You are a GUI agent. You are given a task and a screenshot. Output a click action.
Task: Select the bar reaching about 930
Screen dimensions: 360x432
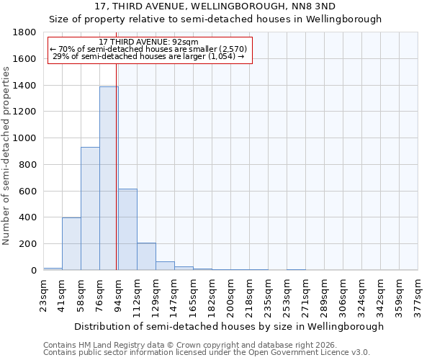point(90,209)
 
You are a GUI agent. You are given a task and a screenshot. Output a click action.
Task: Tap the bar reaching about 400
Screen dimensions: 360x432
point(71,243)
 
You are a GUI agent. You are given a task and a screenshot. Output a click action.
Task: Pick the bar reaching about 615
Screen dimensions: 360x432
point(127,230)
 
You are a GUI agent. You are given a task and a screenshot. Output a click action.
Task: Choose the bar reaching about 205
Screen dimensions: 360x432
point(146,256)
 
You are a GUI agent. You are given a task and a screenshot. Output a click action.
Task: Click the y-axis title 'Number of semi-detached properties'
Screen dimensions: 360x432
point(6,151)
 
